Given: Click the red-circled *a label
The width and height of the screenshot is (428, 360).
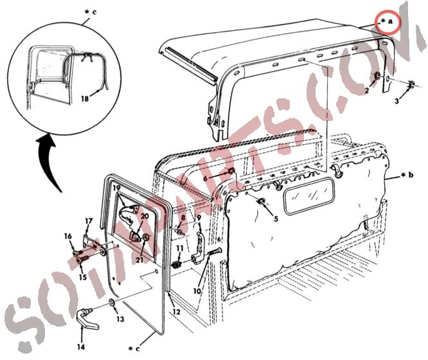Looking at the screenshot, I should click(x=388, y=22).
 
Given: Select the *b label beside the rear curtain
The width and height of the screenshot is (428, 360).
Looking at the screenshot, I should click(x=404, y=175).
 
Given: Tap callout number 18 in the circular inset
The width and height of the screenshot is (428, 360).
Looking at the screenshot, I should click(x=85, y=98).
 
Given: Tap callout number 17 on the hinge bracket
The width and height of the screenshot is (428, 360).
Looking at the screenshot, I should click(x=89, y=222).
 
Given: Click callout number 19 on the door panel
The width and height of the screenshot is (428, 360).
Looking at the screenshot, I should click(x=116, y=189).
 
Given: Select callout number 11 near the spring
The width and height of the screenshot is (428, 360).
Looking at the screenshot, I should click(x=181, y=248).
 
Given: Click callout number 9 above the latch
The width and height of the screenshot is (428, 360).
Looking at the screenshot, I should click(x=199, y=217).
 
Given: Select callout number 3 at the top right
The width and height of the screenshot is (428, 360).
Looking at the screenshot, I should click(x=397, y=101).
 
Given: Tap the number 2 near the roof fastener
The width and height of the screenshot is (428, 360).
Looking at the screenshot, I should click(x=367, y=91).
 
